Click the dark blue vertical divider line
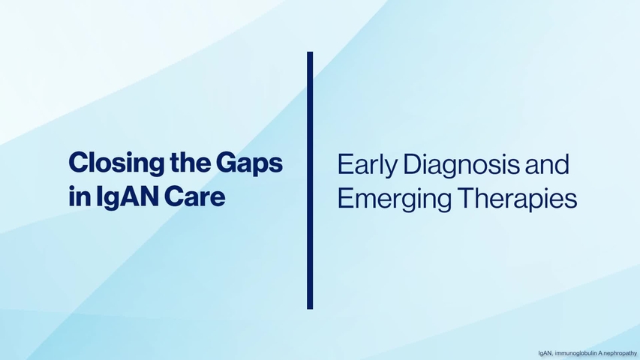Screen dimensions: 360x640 pyautogui.click(x=309, y=180)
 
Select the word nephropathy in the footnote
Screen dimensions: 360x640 pyautogui.click(x=620, y=352)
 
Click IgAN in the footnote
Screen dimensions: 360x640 pyautogui.click(x=545, y=352)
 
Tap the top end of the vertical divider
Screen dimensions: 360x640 pyautogui.click(x=309, y=54)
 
